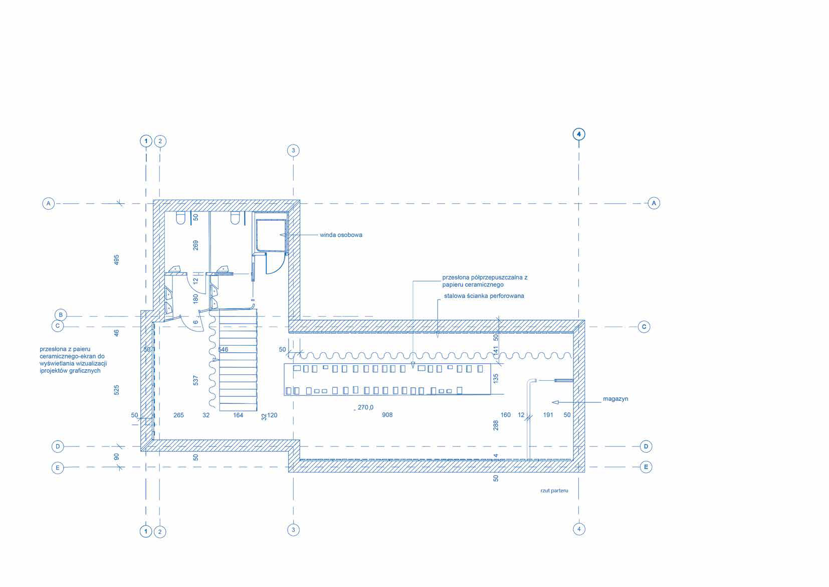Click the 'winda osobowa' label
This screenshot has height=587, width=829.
341,235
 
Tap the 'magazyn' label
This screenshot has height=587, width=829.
615,399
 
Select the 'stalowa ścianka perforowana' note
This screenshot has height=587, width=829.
484,296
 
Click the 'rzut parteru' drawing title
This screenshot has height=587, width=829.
554,490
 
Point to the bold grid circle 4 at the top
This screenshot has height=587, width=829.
579,134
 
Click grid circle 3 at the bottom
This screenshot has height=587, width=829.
293,530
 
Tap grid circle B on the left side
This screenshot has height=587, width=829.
61,315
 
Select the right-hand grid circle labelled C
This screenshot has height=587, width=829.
644,327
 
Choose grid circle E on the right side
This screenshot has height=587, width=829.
646,467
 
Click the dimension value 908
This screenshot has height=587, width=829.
387,415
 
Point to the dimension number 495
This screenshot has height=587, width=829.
116,259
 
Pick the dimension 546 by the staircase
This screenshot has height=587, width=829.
223,349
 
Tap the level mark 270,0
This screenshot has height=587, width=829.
365,407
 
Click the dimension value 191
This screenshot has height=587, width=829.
548,415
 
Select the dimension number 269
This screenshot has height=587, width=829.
195,245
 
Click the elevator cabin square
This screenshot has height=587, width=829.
271,236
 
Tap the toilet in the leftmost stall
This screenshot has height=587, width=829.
180,218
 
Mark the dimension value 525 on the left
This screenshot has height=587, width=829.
116,390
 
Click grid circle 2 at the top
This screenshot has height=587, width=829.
160,141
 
